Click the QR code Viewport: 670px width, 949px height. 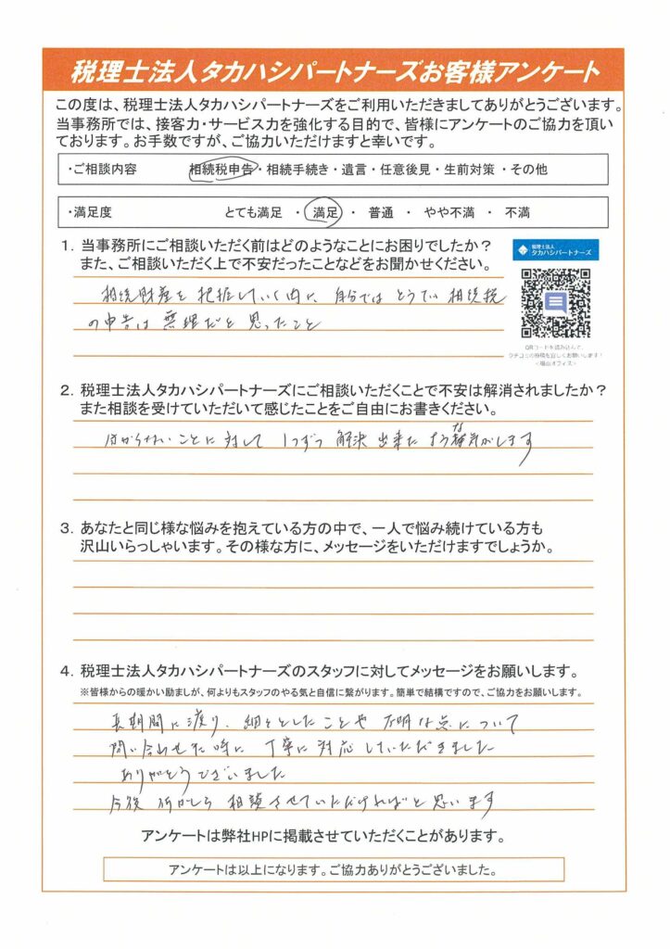point(556,302)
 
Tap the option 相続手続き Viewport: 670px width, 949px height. point(297,170)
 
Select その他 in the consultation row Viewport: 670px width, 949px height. point(555,170)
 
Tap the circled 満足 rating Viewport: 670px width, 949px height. point(323,213)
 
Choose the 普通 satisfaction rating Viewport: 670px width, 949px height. point(380,213)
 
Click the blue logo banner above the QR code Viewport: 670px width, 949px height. point(556,250)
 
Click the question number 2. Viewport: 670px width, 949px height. point(66,388)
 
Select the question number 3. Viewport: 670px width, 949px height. point(66,529)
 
